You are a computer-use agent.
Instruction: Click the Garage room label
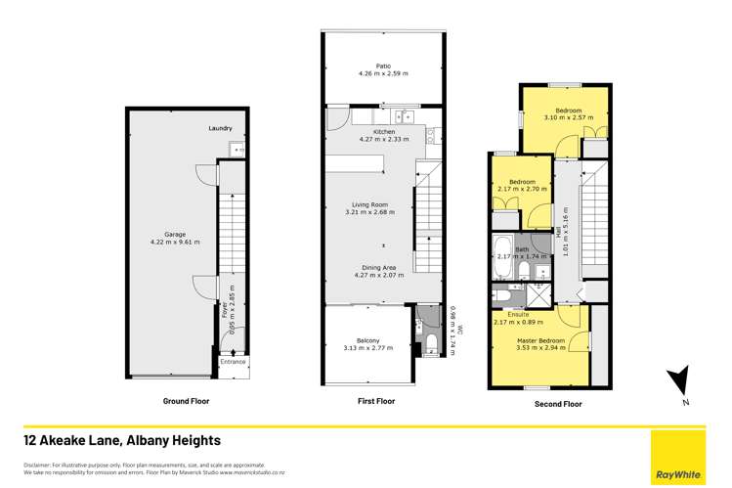[x=175, y=234]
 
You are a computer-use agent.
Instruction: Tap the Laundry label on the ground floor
[x=221, y=129]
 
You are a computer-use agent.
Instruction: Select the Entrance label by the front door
[x=233, y=362]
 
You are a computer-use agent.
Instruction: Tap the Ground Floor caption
[x=185, y=401]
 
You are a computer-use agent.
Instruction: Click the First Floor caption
[x=376, y=401]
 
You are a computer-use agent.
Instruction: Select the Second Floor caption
[x=558, y=404]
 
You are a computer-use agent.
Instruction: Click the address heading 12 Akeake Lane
[x=123, y=441]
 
